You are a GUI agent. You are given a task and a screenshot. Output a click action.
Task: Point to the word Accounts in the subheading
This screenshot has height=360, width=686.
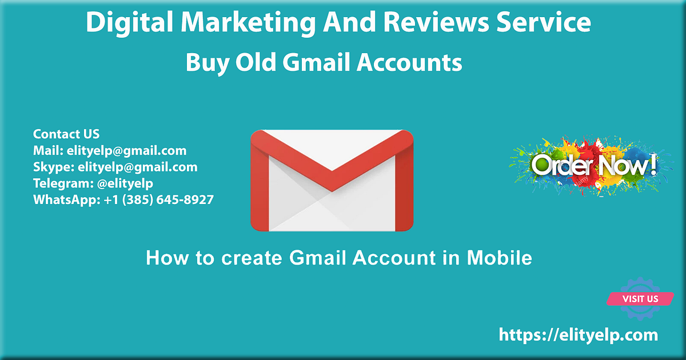pos(409,62)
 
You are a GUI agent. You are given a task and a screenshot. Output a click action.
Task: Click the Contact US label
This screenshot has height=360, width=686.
pos(66,134)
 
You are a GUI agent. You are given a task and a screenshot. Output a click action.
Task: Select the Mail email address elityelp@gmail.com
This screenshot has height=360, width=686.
pos(126,151)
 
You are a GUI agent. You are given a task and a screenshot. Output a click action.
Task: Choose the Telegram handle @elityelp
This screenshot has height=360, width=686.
pos(121,183)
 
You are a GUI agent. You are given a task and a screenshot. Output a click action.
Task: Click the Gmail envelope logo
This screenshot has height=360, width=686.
pos(332,180)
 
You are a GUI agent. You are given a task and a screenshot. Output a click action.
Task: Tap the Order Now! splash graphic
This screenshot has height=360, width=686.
pos(591,166)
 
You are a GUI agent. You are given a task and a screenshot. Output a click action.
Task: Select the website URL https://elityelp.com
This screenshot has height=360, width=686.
pos(579,335)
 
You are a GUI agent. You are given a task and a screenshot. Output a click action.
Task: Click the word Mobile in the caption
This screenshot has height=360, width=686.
pos(499,258)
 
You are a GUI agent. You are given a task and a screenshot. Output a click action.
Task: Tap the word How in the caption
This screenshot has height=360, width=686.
pos(165,258)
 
